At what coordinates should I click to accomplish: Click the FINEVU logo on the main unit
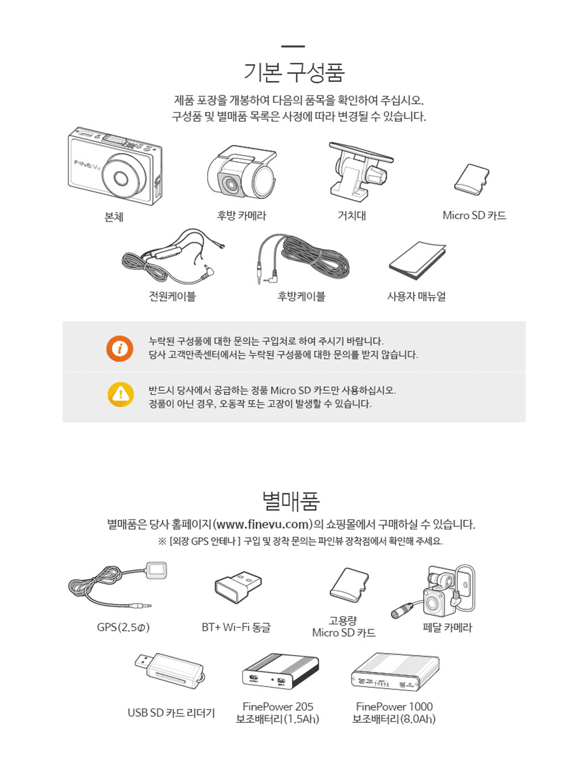pyautogui.click(x=87, y=164)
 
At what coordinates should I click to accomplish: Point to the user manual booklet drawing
pyautogui.click(x=417, y=260)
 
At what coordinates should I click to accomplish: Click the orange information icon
pyautogui.click(x=120, y=348)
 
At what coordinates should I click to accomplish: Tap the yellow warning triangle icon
pyautogui.click(x=120, y=394)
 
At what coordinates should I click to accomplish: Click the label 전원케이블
pyautogui.click(x=172, y=296)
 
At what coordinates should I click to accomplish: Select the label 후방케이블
pyautogui.click(x=301, y=296)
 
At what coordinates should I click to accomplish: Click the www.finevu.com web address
pyautogui.click(x=262, y=524)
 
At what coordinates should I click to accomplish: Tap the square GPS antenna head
pyautogui.click(x=157, y=570)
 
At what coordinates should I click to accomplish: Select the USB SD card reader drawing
pyautogui.click(x=169, y=670)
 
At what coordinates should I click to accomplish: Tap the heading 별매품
pyautogui.click(x=290, y=501)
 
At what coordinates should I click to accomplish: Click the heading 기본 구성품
pyautogui.click(x=294, y=73)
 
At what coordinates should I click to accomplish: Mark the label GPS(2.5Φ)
pyautogui.click(x=123, y=627)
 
